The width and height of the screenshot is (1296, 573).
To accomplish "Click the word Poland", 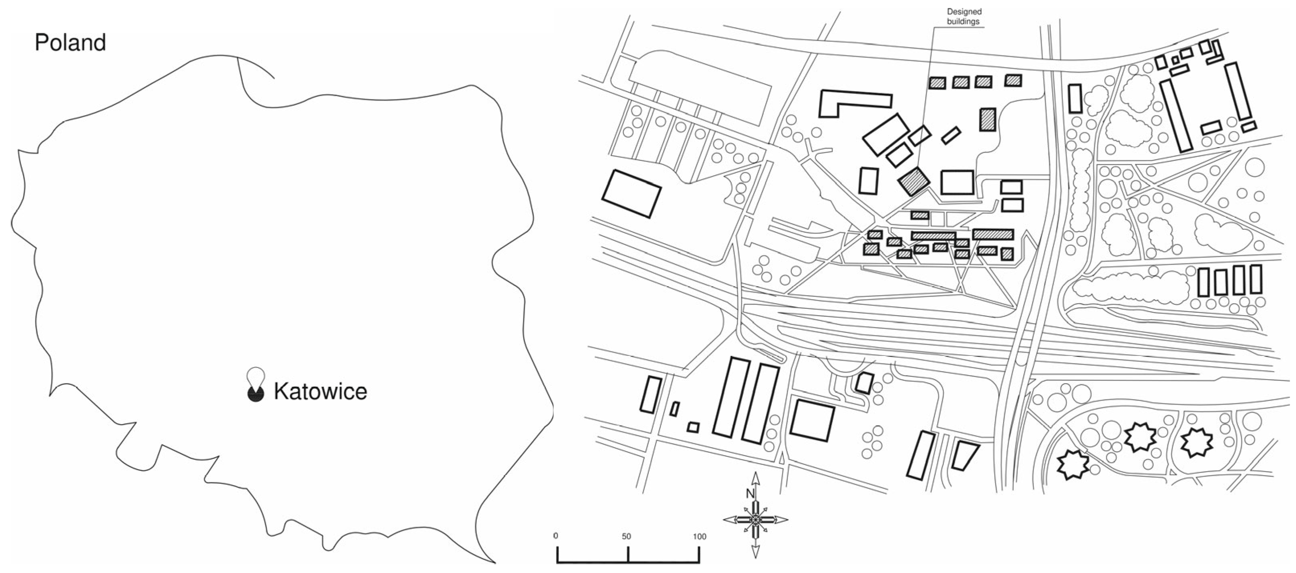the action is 70,43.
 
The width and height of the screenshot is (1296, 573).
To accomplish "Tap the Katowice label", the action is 320,391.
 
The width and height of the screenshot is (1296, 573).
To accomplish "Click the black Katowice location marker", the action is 256,394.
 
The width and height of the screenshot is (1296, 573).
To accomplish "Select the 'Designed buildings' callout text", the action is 964,16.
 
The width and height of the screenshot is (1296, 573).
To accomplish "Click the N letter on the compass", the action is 750,493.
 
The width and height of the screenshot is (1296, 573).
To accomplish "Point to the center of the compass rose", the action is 755,519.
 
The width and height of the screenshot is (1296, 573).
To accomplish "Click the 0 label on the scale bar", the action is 556,536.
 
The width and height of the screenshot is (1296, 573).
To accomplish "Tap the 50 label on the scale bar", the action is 626,536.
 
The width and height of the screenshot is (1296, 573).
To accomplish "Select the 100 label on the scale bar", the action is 699,536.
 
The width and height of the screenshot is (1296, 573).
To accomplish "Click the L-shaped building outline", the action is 850,103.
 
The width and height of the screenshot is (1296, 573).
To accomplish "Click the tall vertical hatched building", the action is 988,120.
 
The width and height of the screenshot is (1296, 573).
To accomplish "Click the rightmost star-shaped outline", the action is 1197,443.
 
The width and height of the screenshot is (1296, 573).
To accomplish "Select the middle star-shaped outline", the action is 1140,437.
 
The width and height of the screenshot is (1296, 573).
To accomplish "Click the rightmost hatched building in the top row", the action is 1013,80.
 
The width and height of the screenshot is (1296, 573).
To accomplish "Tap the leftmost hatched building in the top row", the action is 937,82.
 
